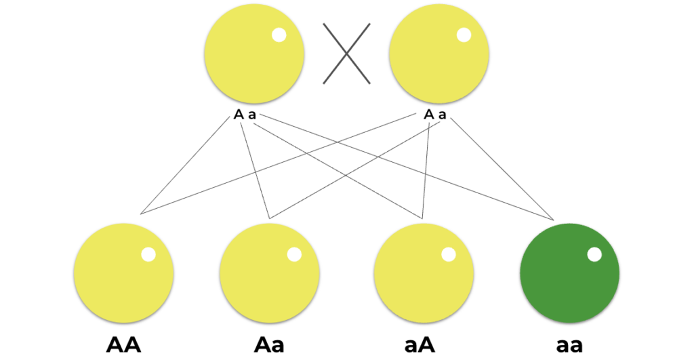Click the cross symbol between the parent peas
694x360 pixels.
pyautogui.click(x=346, y=54)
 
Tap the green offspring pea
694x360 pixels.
pyautogui.click(x=569, y=273)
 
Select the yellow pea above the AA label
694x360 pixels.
pyautogui.click(x=123, y=273)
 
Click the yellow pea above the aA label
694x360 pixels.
pyautogui.click(x=424, y=273)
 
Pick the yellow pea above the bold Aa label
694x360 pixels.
pyautogui.click(x=270, y=273)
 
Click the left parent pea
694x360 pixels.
pyautogui.click(x=254, y=54)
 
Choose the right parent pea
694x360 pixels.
pyautogui.click(x=439, y=54)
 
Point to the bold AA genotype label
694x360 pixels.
pyautogui.click(x=123, y=345)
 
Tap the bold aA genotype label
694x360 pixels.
pyautogui.click(x=420, y=345)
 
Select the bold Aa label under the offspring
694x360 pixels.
pyautogui.click(x=269, y=345)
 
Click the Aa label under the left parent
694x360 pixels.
pyautogui.click(x=245, y=115)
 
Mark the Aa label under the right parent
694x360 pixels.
pyautogui.click(x=435, y=115)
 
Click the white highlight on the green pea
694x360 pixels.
pyautogui.click(x=594, y=255)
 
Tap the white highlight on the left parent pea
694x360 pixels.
pyautogui.click(x=279, y=35)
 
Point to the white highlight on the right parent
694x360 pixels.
pyautogui.click(x=464, y=35)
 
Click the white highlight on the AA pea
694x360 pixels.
pyautogui.click(x=148, y=255)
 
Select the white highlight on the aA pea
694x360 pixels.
pyautogui.click(x=449, y=255)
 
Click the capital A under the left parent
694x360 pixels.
pyautogui.click(x=239, y=115)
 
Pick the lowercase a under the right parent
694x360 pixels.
pyautogui.click(x=442, y=115)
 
